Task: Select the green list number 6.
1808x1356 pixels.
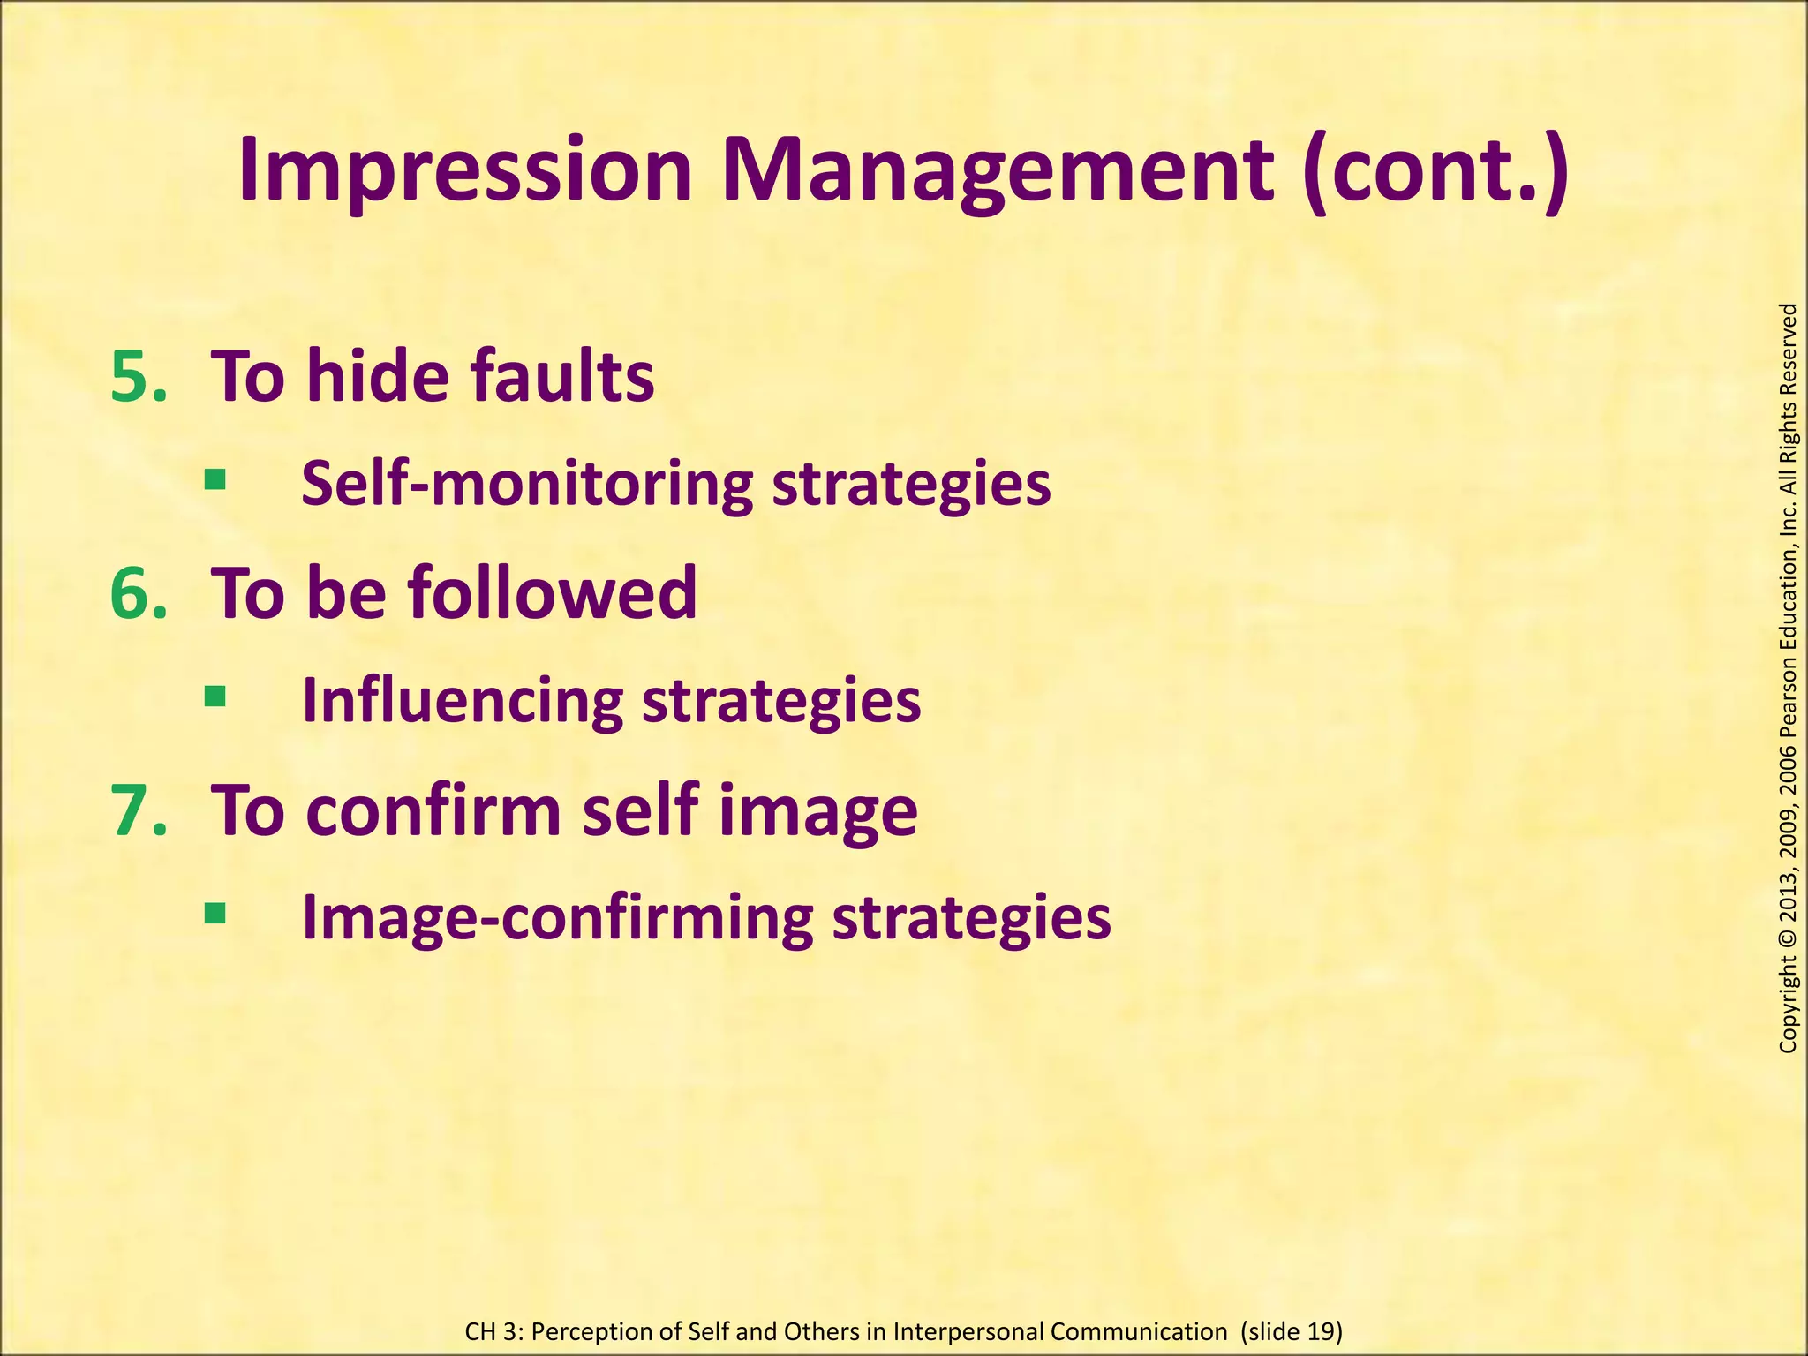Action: click(x=138, y=593)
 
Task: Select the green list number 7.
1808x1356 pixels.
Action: click(x=138, y=810)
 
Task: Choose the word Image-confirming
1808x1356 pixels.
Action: click(x=557, y=918)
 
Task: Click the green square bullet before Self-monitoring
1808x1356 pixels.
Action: click(x=215, y=480)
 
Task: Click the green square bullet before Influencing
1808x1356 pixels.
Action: click(x=215, y=697)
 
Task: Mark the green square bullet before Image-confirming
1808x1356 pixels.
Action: click(x=215, y=913)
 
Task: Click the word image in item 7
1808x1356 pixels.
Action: click(x=817, y=810)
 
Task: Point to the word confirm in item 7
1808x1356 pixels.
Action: click(x=433, y=810)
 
